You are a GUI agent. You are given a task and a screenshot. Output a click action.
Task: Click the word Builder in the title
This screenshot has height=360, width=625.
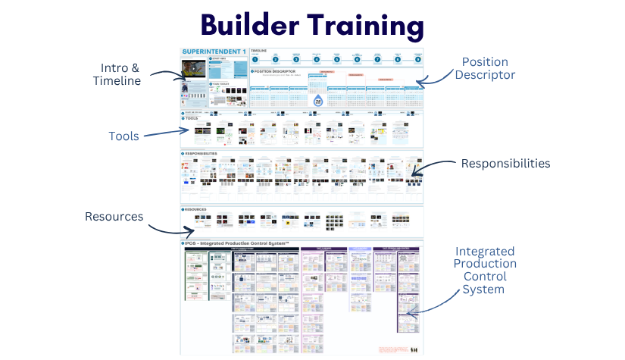pyautogui.click(x=248, y=24)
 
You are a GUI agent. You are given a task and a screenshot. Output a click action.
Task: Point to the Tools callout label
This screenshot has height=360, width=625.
pyautogui.click(x=124, y=136)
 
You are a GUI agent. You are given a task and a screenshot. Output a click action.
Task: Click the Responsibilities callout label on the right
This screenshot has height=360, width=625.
pyautogui.click(x=505, y=163)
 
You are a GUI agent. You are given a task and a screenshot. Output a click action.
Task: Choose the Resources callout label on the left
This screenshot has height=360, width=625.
pyautogui.click(x=114, y=217)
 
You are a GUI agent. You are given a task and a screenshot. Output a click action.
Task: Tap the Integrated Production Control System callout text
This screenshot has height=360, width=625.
pyautogui.click(x=485, y=270)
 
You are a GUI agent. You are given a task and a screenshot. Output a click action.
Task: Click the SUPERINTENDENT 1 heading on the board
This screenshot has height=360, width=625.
pyautogui.click(x=214, y=52)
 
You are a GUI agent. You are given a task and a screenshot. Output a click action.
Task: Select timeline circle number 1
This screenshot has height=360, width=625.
pyautogui.click(x=255, y=59)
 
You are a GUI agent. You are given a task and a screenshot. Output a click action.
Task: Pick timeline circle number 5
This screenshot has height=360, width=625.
pyautogui.click(x=336, y=59)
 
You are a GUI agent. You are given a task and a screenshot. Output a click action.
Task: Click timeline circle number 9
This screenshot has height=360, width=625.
pyautogui.click(x=417, y=59)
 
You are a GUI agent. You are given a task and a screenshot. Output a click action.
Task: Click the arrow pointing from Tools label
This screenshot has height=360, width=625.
pyautogui.click(x=161, y=133)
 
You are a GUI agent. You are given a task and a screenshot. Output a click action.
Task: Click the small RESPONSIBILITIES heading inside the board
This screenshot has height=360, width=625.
pyautogui.click(x=202, y=153)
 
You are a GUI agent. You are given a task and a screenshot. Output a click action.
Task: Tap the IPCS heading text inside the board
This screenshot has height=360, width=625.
pyautogui.click(x=227, y=243)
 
